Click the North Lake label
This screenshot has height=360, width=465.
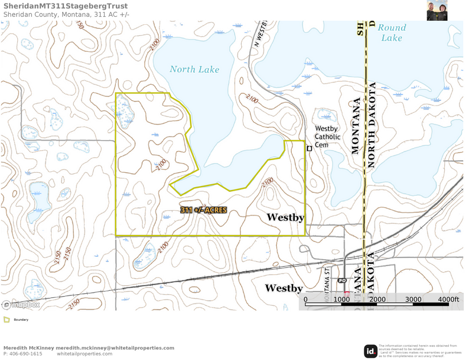(194, 70)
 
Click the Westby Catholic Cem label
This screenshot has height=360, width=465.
(327, 137)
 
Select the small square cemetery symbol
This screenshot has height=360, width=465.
(309, 149)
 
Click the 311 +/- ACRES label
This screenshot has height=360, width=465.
(203, 210)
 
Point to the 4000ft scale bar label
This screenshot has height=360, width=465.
(448, 300)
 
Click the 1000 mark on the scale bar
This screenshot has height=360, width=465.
(342, 300)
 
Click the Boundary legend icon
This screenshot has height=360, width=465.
(6, 319)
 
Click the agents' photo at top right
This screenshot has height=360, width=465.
(437, 10)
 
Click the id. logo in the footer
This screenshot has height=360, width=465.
(371, 351)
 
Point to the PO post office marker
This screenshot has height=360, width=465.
(342, 281)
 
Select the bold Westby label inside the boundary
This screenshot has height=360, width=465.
(285, 217)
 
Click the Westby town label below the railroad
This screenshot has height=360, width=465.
(284, 287)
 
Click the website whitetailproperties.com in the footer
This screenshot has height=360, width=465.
(85, 354)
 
